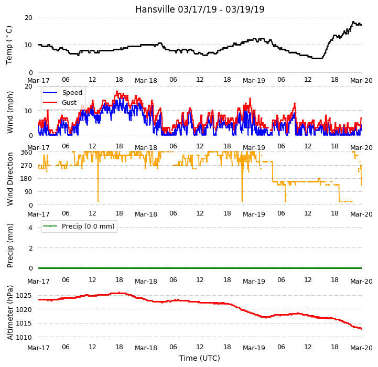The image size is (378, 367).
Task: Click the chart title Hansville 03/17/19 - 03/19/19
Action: [200, 9]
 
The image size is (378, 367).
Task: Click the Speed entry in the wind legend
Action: [72, 93]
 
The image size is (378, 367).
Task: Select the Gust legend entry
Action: [69, 102]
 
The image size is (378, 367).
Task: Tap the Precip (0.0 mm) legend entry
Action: [88, 226]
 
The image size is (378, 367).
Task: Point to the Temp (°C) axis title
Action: [9, 45]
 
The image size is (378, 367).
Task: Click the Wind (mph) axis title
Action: [10, 112]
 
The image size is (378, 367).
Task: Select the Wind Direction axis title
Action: [10, 179]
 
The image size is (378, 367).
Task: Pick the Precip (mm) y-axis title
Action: [10, 245]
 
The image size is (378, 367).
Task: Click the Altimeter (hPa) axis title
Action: [10, 313]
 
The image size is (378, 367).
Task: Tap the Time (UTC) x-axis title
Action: [200, 358]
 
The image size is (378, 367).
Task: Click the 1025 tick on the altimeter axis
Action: [24, 296]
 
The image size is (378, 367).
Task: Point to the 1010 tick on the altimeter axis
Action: [24, 337]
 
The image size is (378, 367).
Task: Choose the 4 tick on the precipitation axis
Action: [30, 228]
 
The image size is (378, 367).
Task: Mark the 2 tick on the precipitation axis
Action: [30, 248]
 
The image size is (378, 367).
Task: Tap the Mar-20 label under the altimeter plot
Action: [361, 348]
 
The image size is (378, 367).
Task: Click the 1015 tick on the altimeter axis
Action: [24, 323]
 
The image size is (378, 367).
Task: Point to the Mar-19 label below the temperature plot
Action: [254, 81]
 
